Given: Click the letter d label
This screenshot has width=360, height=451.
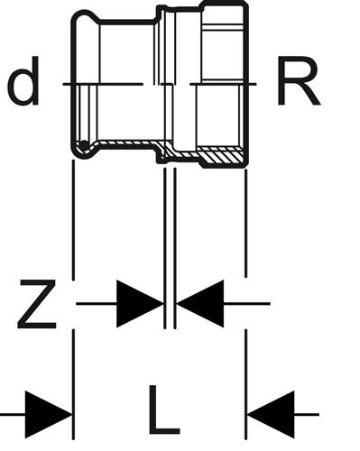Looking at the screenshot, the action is point(23,81).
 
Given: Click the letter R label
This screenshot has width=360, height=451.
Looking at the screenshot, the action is point(298,80).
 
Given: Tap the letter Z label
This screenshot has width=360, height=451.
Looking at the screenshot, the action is point(37,304).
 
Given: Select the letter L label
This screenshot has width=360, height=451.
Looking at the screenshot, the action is point(164,410).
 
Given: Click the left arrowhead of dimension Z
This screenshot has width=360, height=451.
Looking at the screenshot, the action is point(140,304).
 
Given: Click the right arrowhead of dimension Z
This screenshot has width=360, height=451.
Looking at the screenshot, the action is point(200,304).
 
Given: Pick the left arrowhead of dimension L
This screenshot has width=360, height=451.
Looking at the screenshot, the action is point(49,415).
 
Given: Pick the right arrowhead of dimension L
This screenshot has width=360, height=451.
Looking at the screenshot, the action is point(271,415).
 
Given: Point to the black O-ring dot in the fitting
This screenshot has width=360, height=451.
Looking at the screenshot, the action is point(85,145).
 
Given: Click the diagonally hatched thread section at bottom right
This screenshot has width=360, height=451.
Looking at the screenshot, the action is point(221,156).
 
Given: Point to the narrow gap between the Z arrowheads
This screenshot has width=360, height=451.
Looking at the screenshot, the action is point(170,304).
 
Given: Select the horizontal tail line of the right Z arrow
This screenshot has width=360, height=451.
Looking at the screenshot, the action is point(246,304).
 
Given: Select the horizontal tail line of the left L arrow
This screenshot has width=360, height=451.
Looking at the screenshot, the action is point(13,415).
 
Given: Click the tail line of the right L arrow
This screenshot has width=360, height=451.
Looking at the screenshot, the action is point(307,415).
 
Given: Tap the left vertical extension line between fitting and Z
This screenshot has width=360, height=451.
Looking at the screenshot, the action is point(73,220).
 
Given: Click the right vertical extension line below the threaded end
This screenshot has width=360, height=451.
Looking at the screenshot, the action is point(246,223).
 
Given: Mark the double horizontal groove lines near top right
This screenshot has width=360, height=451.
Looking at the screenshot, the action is point(223,27).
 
